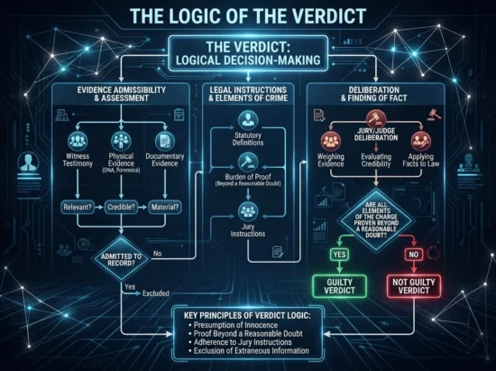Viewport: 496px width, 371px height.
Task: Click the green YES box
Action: (x=339, y=255)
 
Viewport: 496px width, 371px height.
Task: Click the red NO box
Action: (x=414, y=255)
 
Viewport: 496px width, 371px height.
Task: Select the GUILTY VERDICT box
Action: (x=339, y=286)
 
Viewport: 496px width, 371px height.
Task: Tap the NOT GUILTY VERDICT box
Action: (x=414, y=286)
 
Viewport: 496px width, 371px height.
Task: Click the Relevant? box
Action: (x=78, y=208)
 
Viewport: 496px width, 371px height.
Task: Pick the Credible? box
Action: (x=121, y=208)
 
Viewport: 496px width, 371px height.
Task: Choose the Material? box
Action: (x=165, y=208)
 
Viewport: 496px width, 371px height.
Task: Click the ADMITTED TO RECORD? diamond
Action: (x=121, y=259)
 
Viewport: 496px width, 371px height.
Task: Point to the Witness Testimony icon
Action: (x=78, y=141)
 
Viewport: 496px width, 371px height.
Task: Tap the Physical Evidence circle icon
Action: (x=121, y=141)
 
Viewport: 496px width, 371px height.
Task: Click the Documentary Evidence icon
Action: (x=165, y=141)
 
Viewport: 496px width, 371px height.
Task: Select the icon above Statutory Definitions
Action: (x=248, y=120)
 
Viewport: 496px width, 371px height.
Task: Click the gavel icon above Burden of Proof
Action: (x=248, y=162)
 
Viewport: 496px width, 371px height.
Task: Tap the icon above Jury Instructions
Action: (x=248, y=211)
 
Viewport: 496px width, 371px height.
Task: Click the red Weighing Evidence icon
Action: (x=331, y=141)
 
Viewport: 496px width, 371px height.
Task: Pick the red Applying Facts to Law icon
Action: (x=421, y=141)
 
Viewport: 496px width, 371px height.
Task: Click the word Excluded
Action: (x=156, y=293)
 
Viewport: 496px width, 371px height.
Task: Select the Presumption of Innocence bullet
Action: (x=235, y=325)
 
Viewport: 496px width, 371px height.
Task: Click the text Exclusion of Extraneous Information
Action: (x=252, y=351)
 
